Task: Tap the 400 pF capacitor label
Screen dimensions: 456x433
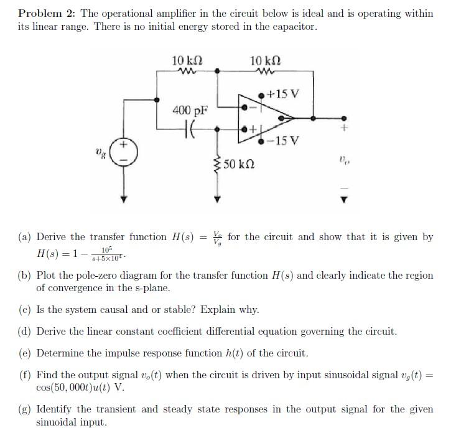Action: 190,111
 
